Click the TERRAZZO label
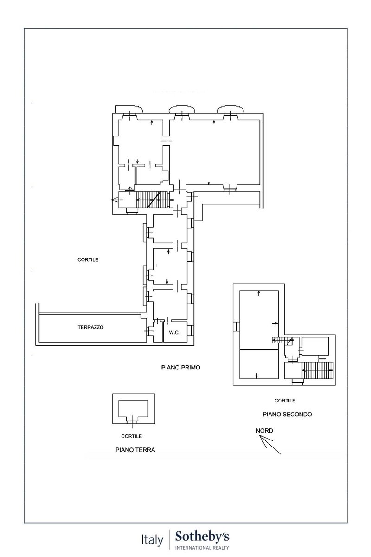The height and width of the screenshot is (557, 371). (90, 327)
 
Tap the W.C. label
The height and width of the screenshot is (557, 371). (174, 333)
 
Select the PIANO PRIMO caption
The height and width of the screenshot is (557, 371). (181, 368)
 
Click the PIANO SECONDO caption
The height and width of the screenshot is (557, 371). (287, 414)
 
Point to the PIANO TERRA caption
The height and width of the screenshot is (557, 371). (135, 450)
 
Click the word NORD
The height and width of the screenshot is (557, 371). (264, 431)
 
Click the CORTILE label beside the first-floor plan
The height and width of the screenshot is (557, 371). (88, 260)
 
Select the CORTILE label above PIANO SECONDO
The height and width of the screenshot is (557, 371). (285, 401)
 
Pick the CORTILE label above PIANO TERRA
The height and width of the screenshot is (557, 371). (131, 436)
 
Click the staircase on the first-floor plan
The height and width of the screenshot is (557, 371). (152, 200)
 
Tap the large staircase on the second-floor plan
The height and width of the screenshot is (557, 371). (317, 370)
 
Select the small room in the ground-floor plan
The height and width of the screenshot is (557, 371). (134, 408)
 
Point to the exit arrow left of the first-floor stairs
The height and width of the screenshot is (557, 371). (115, 200)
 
